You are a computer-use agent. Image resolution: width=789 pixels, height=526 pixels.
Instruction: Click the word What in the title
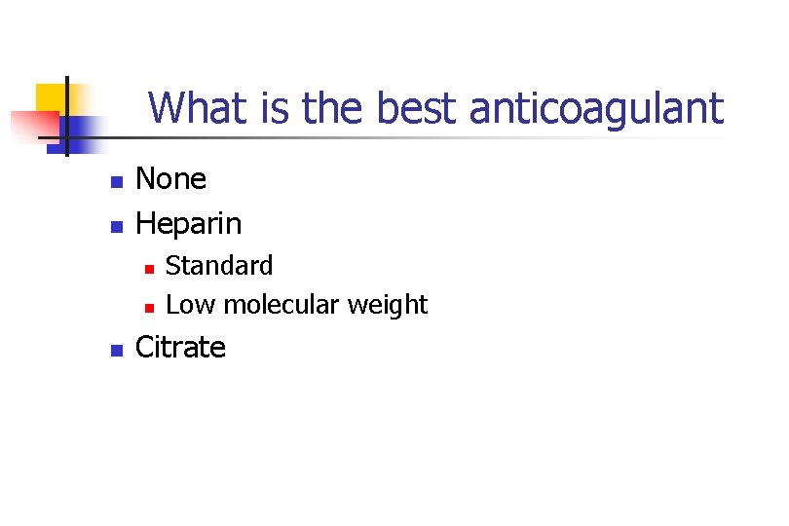[x=199, y=108]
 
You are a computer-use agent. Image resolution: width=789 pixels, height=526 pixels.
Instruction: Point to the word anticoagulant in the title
[x=596, y=108]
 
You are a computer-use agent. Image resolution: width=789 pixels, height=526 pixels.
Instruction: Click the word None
[x=170, y=179]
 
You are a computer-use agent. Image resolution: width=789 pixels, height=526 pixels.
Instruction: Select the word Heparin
[x=188, y=224]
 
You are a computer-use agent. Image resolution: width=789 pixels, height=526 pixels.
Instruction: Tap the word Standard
[x=219, y=265]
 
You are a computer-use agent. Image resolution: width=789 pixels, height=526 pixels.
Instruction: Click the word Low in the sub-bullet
[x=191, y=305]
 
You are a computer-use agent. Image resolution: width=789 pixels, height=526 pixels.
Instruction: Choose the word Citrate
[x=180, y=348]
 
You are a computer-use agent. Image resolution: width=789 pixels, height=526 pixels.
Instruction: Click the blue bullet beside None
[x=115, y=181]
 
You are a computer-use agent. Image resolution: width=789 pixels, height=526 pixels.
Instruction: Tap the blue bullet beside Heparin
[x=115, y=226]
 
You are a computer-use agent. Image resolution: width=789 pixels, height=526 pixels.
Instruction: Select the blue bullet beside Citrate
[x=115, y=350]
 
